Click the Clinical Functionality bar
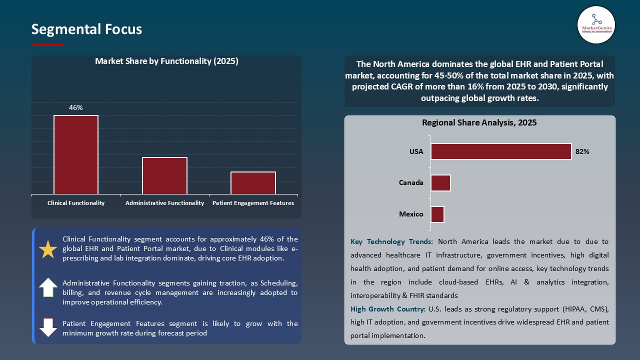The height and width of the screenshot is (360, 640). click(76, 154)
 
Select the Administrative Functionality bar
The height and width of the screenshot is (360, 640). click(164, 175)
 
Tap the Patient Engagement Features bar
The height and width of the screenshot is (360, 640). click(253, 182)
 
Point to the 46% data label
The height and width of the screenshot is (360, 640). click(76, 107)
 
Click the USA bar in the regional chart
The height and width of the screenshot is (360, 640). click(501, 151)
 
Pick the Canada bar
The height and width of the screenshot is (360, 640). click(440, 183)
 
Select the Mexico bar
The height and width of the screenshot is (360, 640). click(437, 214)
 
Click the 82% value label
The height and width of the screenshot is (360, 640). click(582, 151)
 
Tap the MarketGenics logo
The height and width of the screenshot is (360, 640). click(596, 24)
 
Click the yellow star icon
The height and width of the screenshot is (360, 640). click(48, 249)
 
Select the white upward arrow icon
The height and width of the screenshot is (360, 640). click(48, 287)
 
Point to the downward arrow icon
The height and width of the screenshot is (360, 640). click(48, 327)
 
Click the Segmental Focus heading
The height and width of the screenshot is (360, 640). click(86, 29)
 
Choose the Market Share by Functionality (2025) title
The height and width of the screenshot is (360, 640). click(166, 61)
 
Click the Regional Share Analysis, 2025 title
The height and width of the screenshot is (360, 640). click(479, 122)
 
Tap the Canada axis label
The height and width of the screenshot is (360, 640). click(411, 182)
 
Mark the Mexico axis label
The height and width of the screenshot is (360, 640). click(411, 214)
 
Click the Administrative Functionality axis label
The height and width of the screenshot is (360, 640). click(164, 203)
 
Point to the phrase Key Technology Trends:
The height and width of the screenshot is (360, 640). click(392, 241)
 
